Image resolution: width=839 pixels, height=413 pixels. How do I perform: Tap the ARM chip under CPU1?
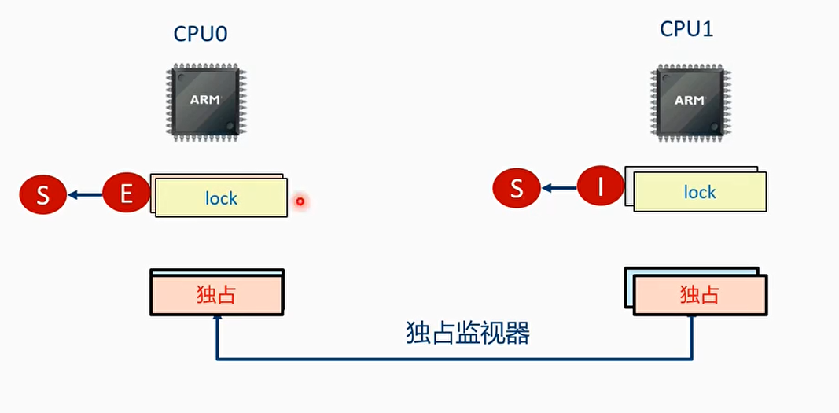click(690, 101)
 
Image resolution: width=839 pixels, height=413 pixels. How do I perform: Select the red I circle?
click(600, 188)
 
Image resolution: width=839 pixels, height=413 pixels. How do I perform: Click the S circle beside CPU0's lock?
click(42, 194)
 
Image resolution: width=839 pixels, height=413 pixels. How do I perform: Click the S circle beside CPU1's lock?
click(516, 188)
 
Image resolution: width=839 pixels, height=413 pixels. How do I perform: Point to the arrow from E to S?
click(85, 194)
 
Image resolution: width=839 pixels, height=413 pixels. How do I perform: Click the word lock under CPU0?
click(221, 198)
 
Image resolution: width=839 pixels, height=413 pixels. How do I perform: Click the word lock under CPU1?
click(699, 193)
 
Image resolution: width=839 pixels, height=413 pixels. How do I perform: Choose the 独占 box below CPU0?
click(216, 294)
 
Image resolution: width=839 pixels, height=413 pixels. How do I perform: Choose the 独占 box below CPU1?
click(699, 295)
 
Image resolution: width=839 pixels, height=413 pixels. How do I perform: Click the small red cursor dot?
click(300, 202)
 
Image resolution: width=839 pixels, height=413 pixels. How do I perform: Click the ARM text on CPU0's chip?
click(204, 100)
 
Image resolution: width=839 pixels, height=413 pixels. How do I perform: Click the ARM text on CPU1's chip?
click(690, 100)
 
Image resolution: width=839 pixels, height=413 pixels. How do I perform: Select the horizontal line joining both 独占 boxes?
click(454, 360)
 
